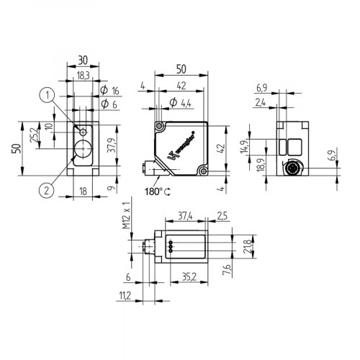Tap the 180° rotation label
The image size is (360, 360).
click(x=156, y=192)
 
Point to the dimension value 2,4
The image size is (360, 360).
click(x=261, y=104)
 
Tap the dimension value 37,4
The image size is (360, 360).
click(x=185, y=215)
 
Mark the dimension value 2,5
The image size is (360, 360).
click(x=222, y=215)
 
